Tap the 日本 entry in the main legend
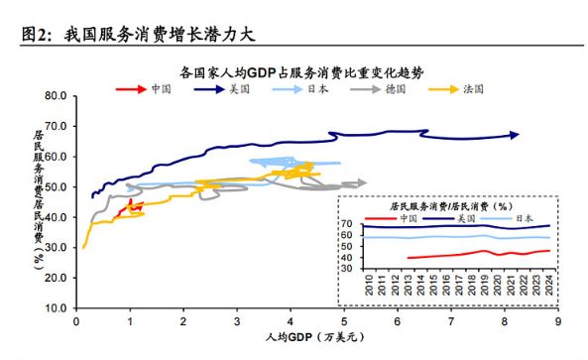point(316,88)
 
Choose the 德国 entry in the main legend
point(397,88)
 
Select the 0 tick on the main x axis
point(76,321)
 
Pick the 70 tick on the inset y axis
point(351,226)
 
